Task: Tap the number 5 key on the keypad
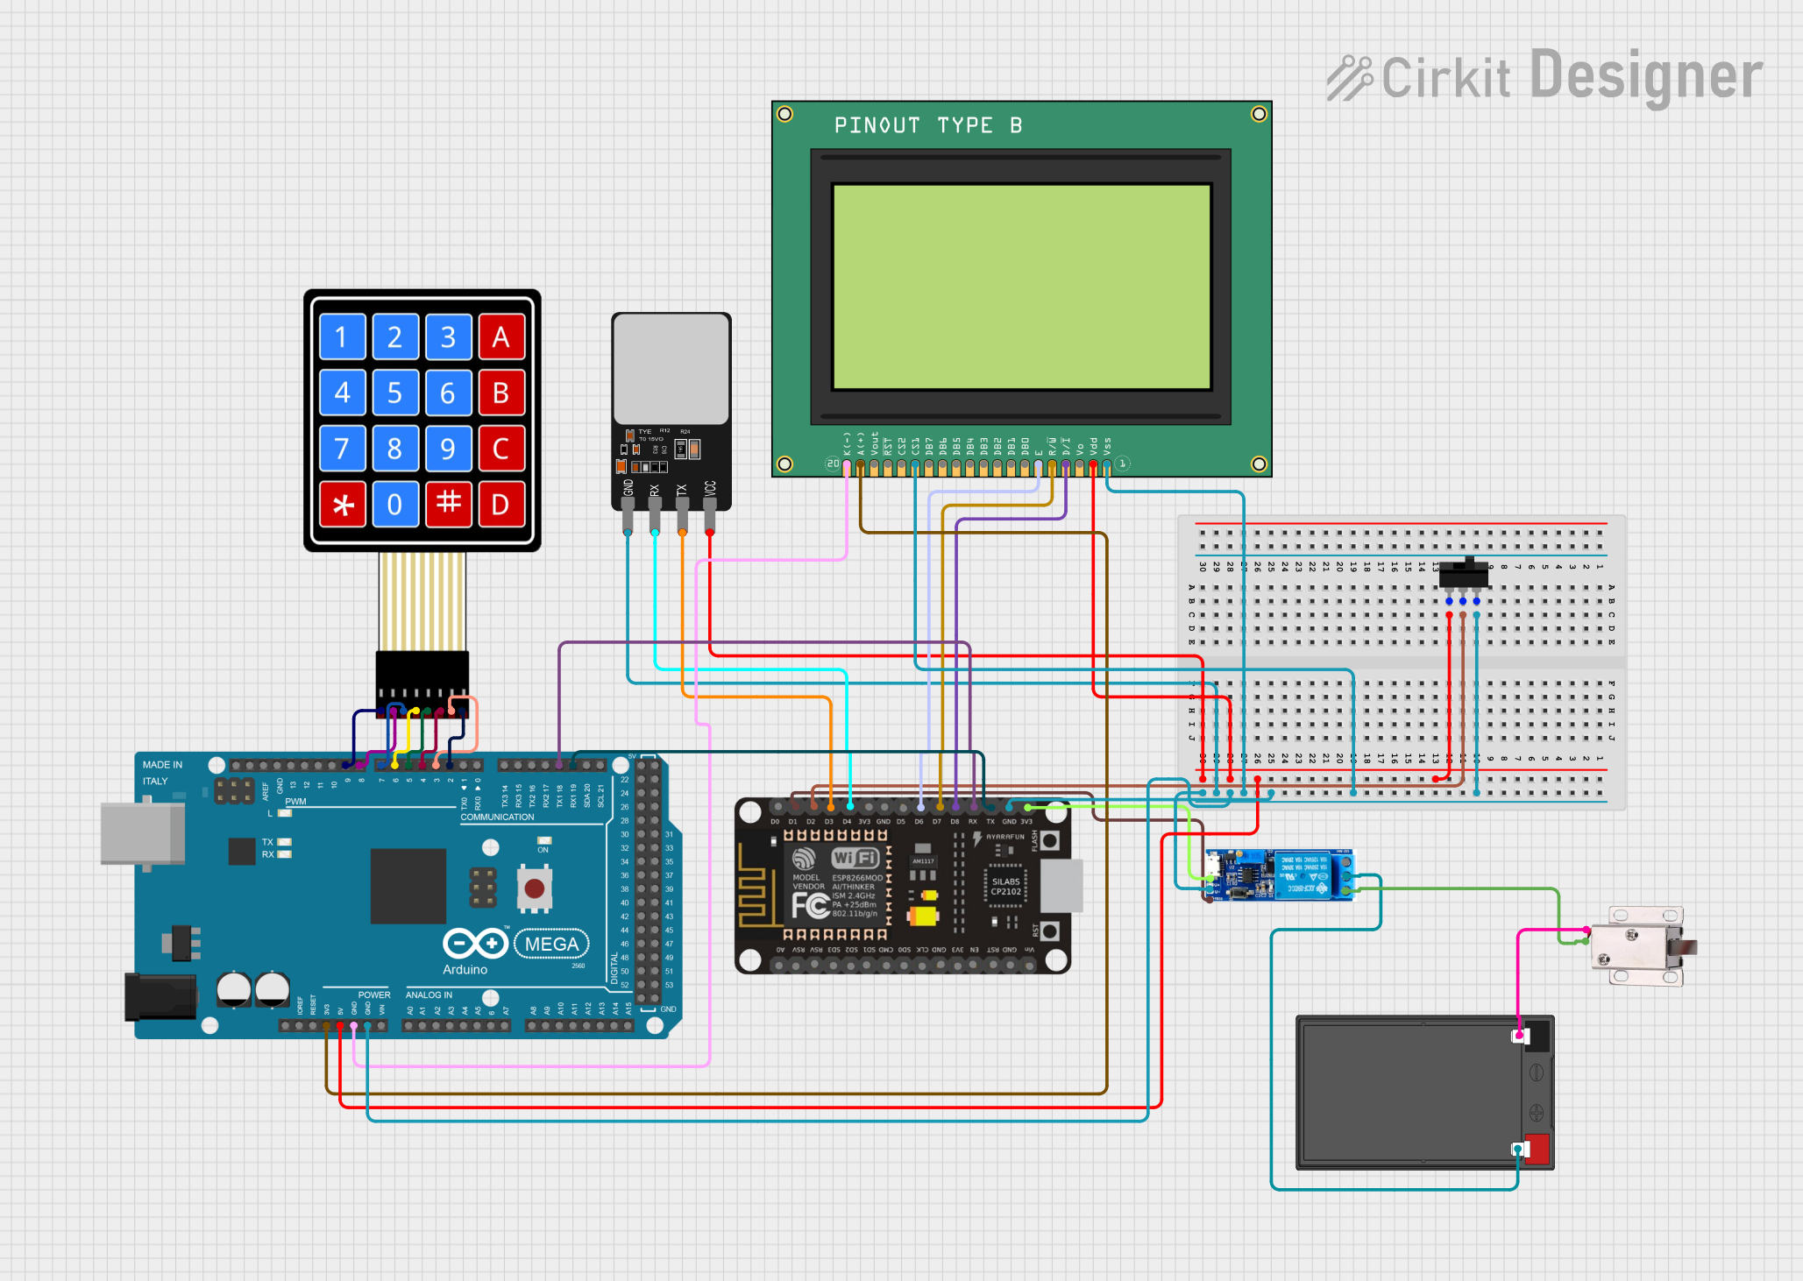tap(394, 393)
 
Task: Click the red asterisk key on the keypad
tap(342, 504)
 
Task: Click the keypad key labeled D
tap(500, 504)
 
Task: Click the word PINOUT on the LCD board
tap(877, 125)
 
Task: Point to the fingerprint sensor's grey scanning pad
tap(671, 368)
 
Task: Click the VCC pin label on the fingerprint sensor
tap(710, 489)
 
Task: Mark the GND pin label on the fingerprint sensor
tap(628, 489)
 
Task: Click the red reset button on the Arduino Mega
tap(535, 888)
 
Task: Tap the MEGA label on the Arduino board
tap(551, 944)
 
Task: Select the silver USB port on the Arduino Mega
tap(140, 833)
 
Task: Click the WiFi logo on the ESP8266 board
tap(855, 858)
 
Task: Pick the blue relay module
tap(1280, 874)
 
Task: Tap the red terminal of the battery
tap(1537, 1149)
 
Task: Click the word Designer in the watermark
tap(1645, 76)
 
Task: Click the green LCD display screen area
tap(1021, 286)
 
